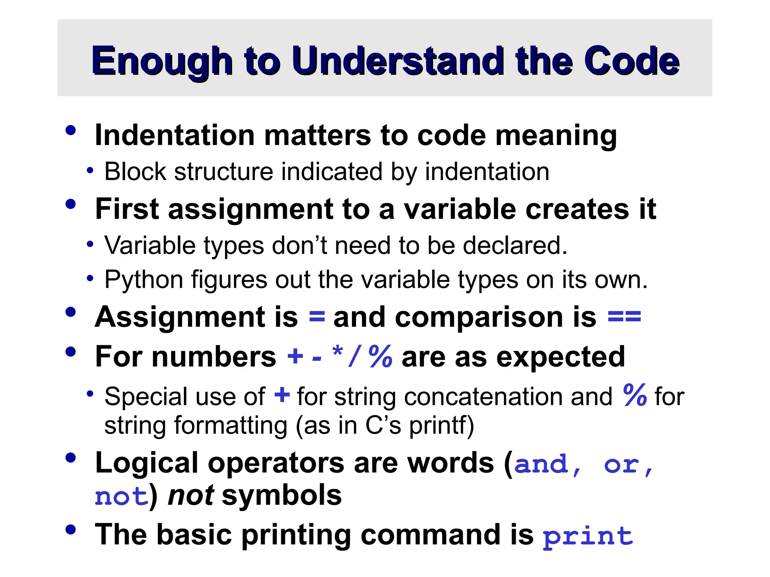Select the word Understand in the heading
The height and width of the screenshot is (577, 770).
pos(398,61)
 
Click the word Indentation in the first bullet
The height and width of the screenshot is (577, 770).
pos(175,135)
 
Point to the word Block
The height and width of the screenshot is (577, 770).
pos(135,172)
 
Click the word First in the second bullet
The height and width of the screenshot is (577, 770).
pos(127,209)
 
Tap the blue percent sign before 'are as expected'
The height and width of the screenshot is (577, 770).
pos(380,356)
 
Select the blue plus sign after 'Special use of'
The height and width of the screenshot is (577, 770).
pos(282,396)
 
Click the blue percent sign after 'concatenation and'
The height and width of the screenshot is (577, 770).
pos(635,395)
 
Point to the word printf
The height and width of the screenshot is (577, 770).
pos(441,426)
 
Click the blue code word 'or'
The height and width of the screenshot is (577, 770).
pos(621,465)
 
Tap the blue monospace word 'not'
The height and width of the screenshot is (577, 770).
pos(121,497)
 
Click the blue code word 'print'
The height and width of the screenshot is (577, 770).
pos(588,536)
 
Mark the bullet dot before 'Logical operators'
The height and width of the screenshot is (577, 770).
pos(70,458)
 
